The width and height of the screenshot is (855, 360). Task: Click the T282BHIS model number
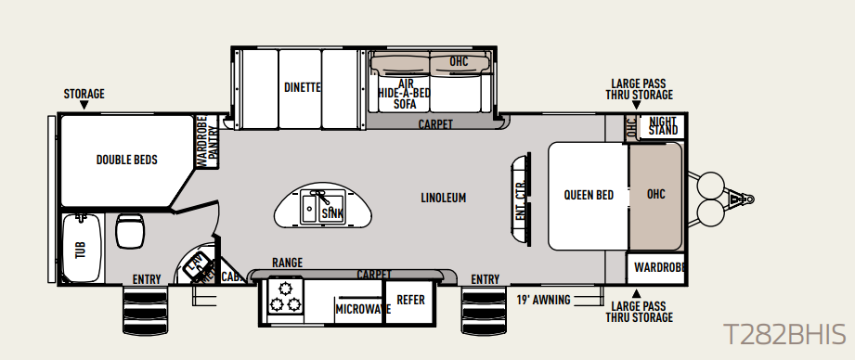tap(784, 334)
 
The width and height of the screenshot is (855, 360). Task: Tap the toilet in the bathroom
tap(130, 230)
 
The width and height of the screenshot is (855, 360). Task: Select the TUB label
tap(82, 250)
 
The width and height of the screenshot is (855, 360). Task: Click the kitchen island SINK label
tap(331, 213)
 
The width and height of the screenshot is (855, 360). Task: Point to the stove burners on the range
tap(285, 295)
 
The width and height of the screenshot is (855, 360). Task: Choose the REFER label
tap(410, 300)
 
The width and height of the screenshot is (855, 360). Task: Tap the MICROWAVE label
tap(363, 309)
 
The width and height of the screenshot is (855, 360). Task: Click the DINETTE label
tap(303, 87)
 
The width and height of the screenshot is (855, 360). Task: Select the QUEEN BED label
tap(589, 195)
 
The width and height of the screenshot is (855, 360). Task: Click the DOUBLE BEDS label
tap(127, 160)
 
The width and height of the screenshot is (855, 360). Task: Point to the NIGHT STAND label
tap(663, 126)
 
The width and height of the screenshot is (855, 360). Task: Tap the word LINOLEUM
tap(444, 198)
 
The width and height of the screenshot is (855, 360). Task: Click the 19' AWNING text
tap(544, 300)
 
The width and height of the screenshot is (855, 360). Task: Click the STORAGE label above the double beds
tap(84, 94)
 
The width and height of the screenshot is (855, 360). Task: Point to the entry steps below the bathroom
tap(145, 311)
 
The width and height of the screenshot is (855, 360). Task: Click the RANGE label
tap(288, 264)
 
